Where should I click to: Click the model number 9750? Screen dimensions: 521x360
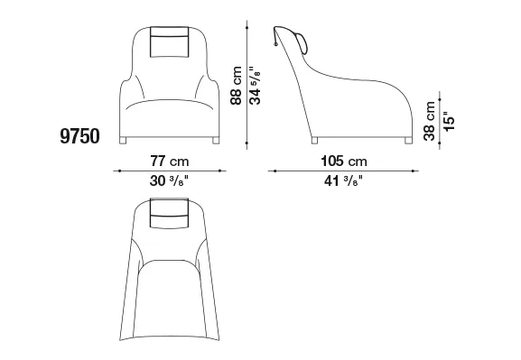tap(79, 136)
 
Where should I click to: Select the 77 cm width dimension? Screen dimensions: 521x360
tap(170, 162)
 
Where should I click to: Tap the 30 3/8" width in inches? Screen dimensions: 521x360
tap(169, 181)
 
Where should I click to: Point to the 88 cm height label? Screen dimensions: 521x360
tap(236, 86)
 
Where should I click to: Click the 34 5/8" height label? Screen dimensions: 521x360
tap(256, 86)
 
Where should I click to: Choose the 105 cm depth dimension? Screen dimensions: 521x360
tap(344, 162)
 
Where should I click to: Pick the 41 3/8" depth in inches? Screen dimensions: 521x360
tap(343, 181)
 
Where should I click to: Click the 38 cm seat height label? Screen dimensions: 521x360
tap(429, 121)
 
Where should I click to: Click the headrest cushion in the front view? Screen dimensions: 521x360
tap(170, 42)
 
